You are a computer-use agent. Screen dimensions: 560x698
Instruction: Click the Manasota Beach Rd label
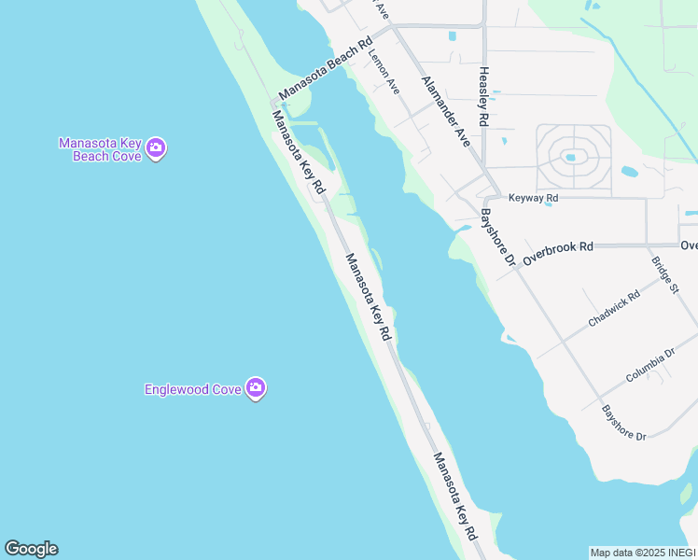click(326, 70)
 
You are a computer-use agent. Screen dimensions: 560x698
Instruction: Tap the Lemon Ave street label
click(384, 73)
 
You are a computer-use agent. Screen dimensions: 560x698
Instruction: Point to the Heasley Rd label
click(483, 96)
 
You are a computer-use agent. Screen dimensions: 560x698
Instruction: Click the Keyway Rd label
click(533, 198)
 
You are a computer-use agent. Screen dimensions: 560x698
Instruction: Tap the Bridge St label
click(665, 275)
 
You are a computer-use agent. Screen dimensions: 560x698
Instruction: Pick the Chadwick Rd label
click(614, 308)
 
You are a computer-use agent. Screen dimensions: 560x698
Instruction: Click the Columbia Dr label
click(650, 364)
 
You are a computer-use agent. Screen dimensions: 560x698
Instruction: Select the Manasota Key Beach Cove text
click(100, 149)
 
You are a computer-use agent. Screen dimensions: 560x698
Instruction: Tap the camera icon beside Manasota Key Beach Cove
click(156, 147)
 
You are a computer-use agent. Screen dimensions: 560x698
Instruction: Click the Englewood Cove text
click(193, 389)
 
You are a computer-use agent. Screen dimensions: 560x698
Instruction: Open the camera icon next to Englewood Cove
click(256, 388)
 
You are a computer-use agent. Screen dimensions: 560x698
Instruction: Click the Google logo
click(31, 549)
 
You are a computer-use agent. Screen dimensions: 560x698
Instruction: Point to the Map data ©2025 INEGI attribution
click(643, 553)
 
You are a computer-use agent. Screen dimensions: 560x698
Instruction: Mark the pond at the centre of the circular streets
click(570, 157)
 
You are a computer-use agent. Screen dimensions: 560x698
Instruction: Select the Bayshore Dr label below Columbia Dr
click(623, 423)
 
